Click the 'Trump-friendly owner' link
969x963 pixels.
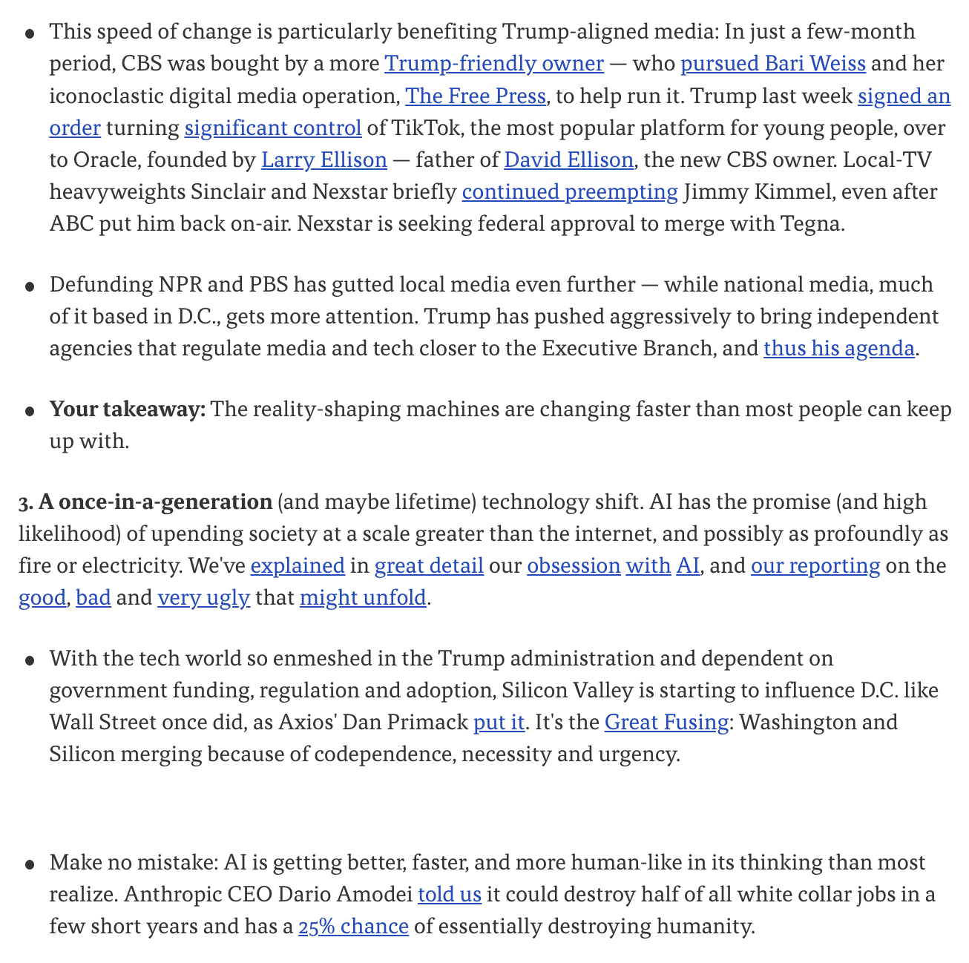tap(493, 64)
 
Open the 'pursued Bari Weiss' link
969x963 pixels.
tap(772, 64)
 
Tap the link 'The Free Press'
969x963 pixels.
tap(475, 96)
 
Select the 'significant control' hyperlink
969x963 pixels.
tap(273, 128)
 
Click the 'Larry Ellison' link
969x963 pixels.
tap(323, 160)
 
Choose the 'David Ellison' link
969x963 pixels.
tap(568, 160)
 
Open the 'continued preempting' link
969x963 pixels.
tap(569, 192)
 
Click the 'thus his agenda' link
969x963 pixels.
tap(838, 348)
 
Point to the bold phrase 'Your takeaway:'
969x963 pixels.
tap(127, 410)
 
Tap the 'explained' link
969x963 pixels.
tap(298, 566)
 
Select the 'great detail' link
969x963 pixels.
tap(429, 566)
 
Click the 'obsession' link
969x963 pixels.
tap(574, 566)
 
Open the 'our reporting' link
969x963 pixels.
tap(815, 566)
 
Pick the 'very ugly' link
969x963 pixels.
tap(203, 598)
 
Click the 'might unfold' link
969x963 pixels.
tap(363, 598)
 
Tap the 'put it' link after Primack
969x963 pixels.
tap(499, 723)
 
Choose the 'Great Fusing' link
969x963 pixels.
tap(666, 723)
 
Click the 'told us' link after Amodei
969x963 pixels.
tap(450, 895)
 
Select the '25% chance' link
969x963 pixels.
tap(353, 927)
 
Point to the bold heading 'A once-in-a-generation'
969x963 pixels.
tap(155, 502)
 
